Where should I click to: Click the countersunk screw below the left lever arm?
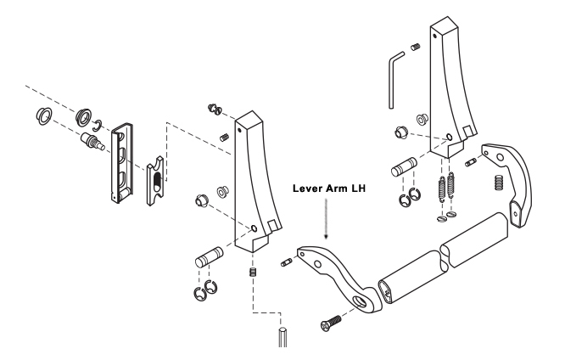pos(328,322)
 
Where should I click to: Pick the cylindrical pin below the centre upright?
pos(208,256)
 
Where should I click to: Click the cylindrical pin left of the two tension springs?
pos(402,168)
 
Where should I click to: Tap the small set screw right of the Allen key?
pos(417,47)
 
